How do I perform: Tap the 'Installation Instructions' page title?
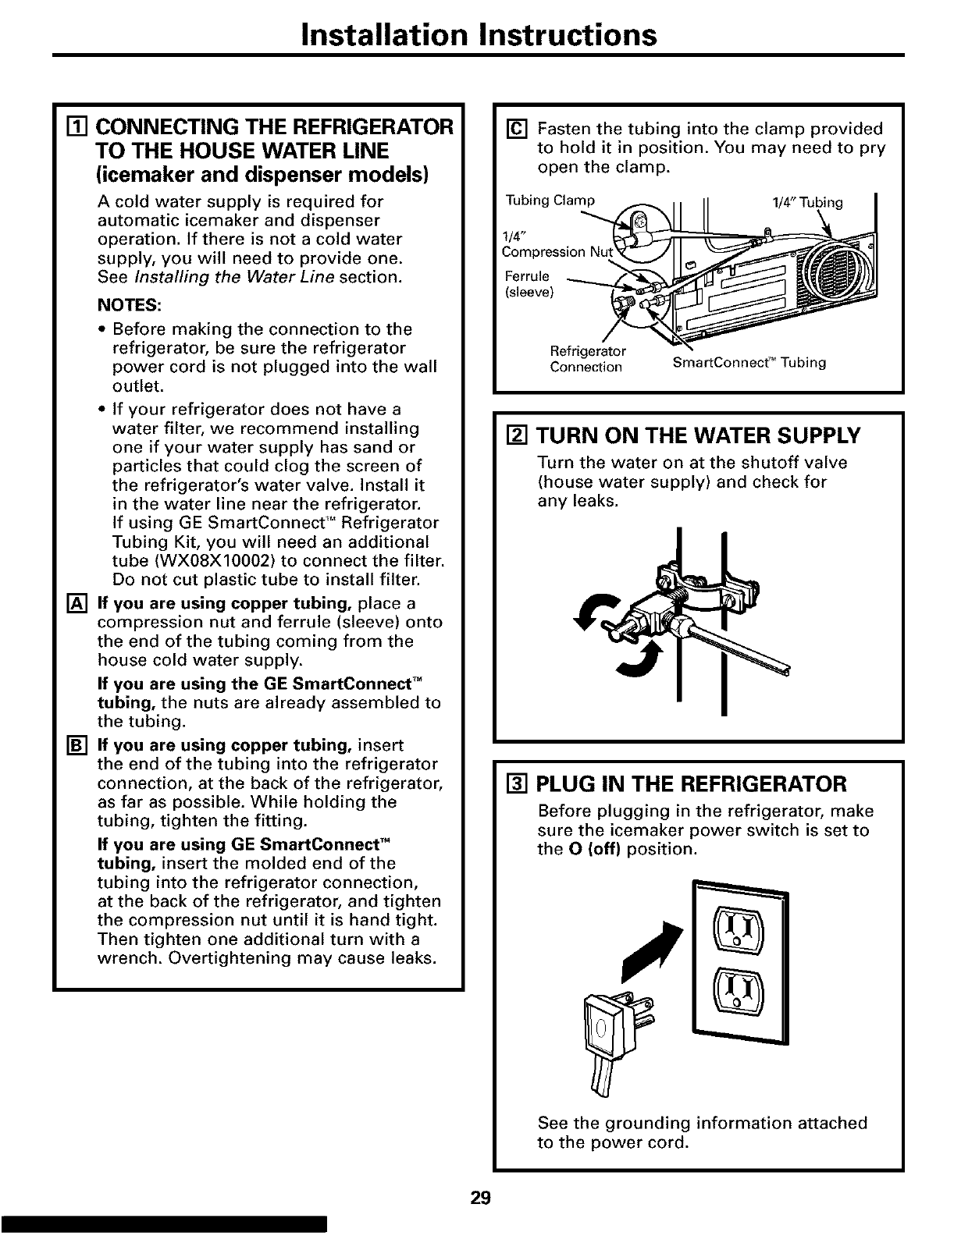tap(477, 34)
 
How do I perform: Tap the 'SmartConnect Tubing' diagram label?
tap(749, 363)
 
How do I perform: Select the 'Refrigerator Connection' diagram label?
tap(586, 358)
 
